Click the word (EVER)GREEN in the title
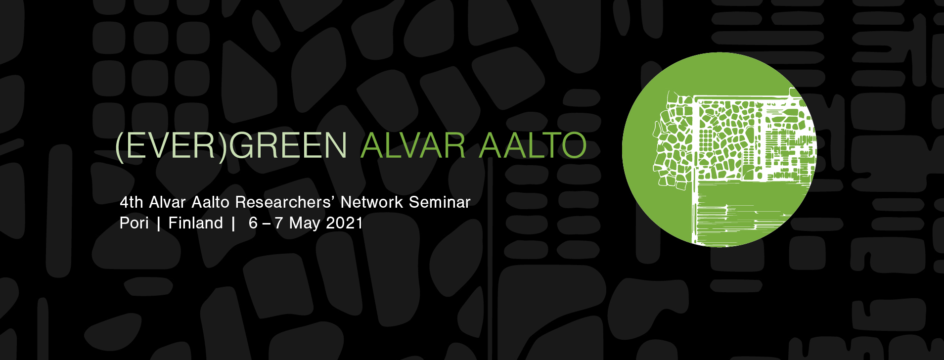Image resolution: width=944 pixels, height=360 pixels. pos(231,146)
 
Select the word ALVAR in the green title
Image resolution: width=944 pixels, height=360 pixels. pos(413,145)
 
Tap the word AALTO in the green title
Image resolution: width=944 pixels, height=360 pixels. pos(533,145)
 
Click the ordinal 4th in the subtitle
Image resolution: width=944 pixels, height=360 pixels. pos(132,202)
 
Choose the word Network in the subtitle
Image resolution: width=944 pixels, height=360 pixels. pos(372,202)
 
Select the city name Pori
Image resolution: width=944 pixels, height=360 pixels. pos(134,223)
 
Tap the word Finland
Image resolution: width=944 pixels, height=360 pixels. pos(196,223)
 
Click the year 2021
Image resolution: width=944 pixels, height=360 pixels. pos(345,223)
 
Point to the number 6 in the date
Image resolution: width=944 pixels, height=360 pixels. pos(253,223)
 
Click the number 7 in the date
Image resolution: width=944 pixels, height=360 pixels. pos(278,223)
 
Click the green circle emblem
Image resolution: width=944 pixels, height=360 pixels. pos(719,149)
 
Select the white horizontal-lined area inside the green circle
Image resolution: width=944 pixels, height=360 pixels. pos(742,213)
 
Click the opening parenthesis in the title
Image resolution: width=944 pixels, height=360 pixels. pos(119,146)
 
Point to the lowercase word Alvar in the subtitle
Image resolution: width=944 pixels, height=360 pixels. pos(168,202)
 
